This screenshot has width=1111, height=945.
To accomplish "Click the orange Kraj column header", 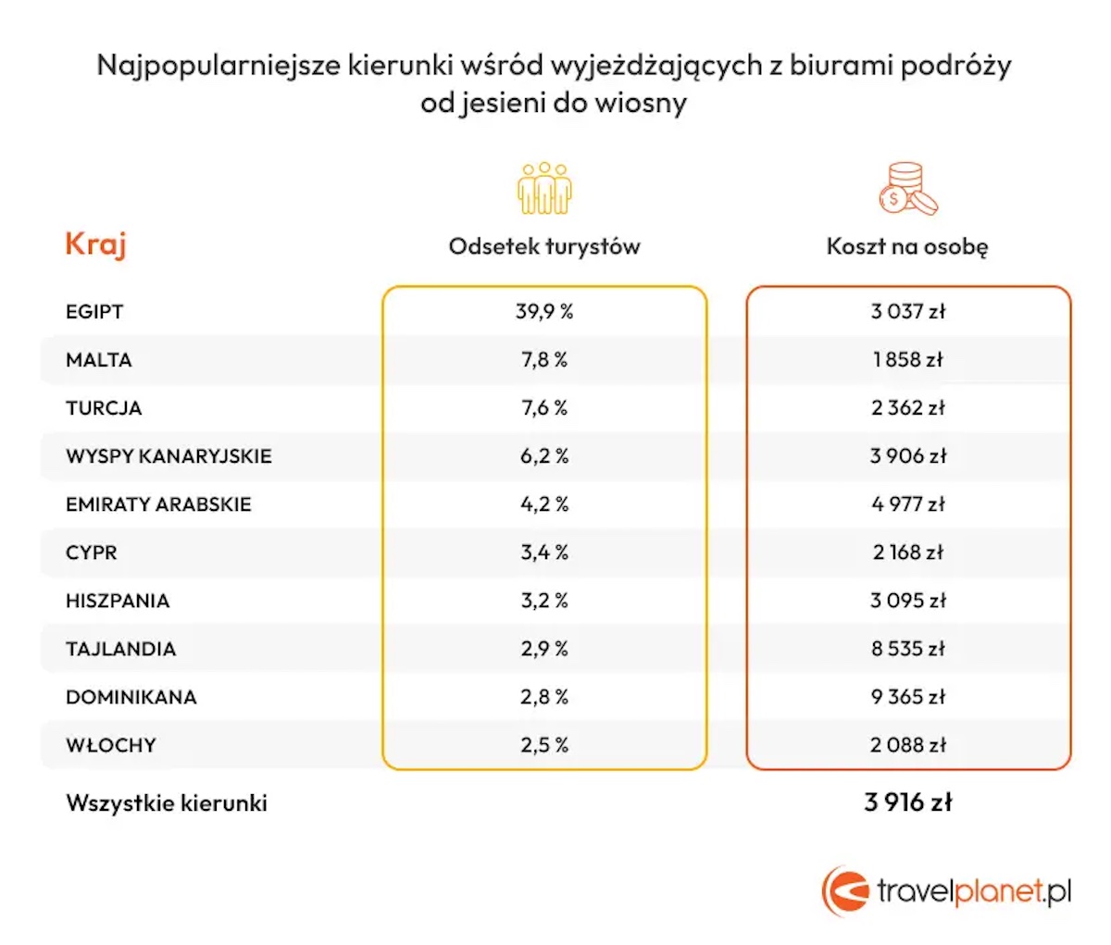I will pos(95,245).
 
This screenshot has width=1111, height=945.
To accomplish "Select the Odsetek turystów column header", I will pos(544,246).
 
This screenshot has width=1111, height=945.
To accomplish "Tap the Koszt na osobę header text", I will pos(907,246).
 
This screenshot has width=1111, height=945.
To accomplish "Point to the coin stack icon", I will pos(906,188).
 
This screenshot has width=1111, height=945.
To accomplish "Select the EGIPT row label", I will pos(94,312).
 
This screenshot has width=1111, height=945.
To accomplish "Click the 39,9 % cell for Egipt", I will pos(544,312).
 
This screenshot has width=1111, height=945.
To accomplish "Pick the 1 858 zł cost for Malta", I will pos(907,360).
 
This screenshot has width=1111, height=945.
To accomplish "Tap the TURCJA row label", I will pos(104,408).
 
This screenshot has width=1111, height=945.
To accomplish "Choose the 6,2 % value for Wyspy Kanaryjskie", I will pos(544,456).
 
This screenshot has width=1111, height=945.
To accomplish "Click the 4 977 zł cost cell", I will pos(907,504).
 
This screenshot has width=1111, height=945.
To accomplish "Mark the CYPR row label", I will pos(92,553).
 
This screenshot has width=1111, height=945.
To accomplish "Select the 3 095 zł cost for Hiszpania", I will pos(907,601).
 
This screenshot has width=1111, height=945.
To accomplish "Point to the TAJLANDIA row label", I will pos(120,649).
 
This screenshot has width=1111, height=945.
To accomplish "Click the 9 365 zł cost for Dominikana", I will pos(907,697).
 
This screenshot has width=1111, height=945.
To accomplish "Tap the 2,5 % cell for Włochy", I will pos(544,745).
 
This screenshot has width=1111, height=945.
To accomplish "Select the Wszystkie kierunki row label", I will pos(167,802).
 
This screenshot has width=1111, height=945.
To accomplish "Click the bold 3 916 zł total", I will pos(907,802).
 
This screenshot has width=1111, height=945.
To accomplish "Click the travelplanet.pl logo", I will pos(946,891).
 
